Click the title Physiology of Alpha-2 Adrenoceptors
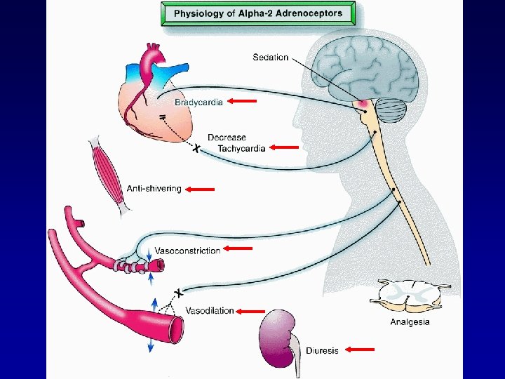coord(258,13)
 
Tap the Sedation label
coord(271,57)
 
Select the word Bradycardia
coord(198,102)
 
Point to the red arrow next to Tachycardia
coord(285,147)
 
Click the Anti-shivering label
coord(154,189)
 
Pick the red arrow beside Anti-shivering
coord(201,189)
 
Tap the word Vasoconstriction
coord(187,250)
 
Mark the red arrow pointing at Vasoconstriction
coord(238,248)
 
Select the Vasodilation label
coord(209,311)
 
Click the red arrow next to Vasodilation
coord(251,311)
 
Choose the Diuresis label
coord(322,350)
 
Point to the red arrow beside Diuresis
coord(360,350)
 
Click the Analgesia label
coord(410,323)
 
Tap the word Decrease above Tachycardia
coord(227,138)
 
